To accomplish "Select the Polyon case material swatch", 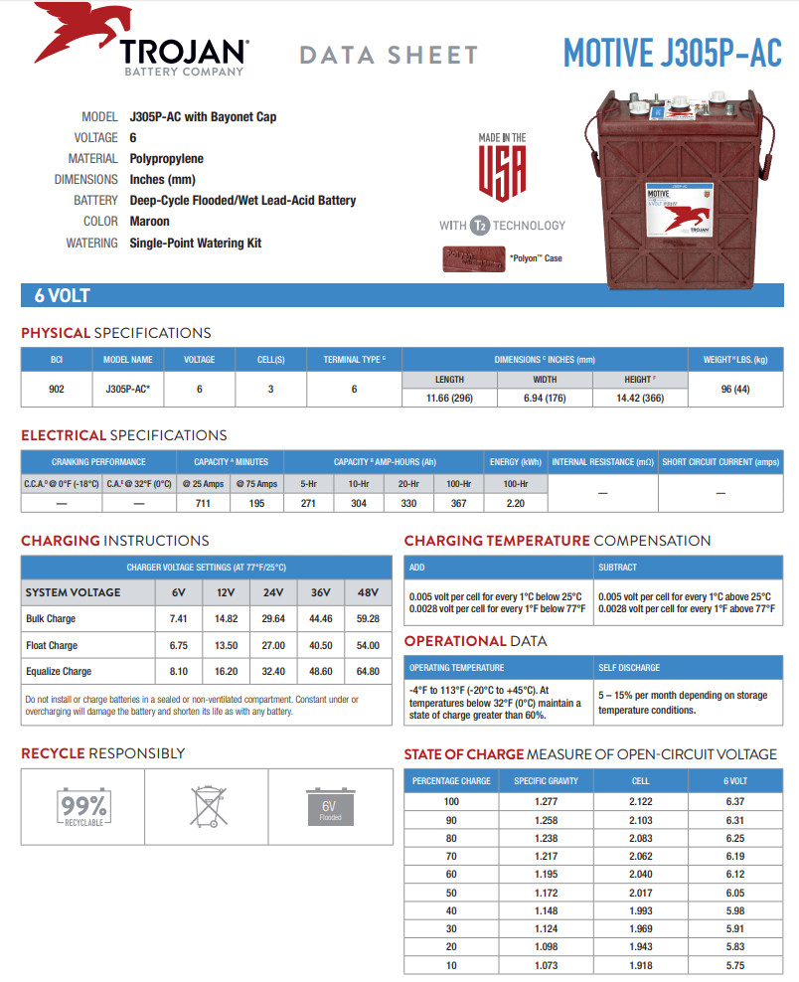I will click(472, 258).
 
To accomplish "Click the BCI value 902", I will click(57, 389).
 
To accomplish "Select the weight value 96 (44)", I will click(735, 389).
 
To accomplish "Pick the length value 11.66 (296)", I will click(450, 398).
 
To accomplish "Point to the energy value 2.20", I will click(516, 504).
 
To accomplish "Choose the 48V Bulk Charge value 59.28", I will click(368, 619).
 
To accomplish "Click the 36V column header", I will click(320, 592).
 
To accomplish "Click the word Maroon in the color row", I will click(150, 222).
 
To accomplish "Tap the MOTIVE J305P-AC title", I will click(672, 52).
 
